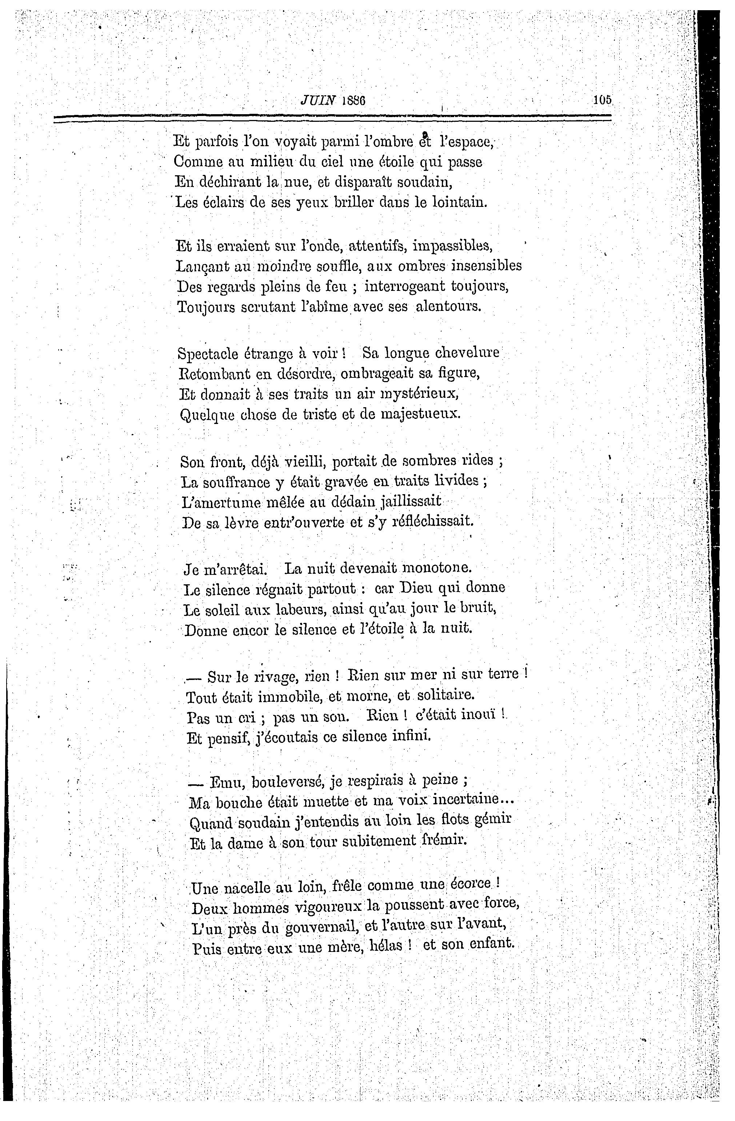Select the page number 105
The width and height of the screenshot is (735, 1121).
click(602, 100)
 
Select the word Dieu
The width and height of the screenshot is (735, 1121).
click(418, 588)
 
